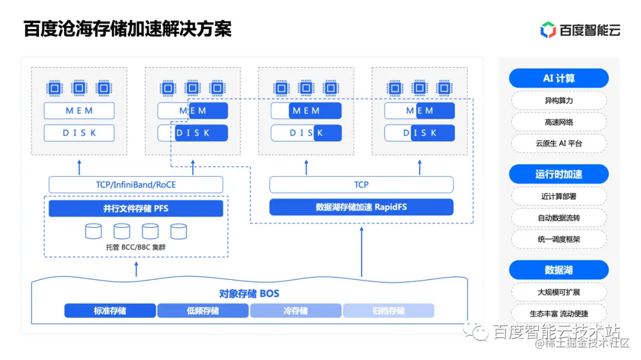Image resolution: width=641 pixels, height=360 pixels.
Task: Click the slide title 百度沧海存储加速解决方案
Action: click(x=127, y=28)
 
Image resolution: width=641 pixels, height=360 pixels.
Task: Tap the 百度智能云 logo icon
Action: click(x=548, y=30)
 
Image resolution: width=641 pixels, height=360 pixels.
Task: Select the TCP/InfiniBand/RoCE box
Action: click(x=136, y=184)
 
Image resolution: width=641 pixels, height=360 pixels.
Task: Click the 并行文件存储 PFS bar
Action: click(x=136, y=208)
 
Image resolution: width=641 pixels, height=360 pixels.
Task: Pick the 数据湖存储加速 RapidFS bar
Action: click(x=361, y=207)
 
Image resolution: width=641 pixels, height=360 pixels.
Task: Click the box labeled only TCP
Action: click(x=361, y=184)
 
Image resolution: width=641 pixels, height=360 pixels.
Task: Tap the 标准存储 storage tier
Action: click(x=110, y=311)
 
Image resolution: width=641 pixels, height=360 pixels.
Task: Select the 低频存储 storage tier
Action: click(x=203, y=311)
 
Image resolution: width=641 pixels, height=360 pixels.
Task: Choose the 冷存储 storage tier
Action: click(x=296, y=311)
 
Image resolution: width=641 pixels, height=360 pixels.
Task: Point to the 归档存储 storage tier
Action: click(x=389, y=311)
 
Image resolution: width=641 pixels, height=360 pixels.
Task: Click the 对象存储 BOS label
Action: click(x=249, y=294)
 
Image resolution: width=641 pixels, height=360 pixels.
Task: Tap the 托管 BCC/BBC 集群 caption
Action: click(x=136, y=247)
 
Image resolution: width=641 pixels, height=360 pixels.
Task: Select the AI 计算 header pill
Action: click(x=559, y=78)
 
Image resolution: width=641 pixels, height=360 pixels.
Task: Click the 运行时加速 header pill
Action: click(x=559, y=174)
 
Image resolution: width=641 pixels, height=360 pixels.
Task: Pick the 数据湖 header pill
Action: click(x=559, y=270)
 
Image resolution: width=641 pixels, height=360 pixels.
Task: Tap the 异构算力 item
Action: click(x=559, y=100)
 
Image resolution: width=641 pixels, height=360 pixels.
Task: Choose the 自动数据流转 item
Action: click(x=559, y=218)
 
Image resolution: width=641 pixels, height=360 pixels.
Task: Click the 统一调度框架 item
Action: click(x=559, y=239)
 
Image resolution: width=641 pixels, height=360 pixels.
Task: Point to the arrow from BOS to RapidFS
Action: click(x=361, y=252)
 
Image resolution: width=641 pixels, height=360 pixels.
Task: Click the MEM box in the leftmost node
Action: click(x=80, y=111)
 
